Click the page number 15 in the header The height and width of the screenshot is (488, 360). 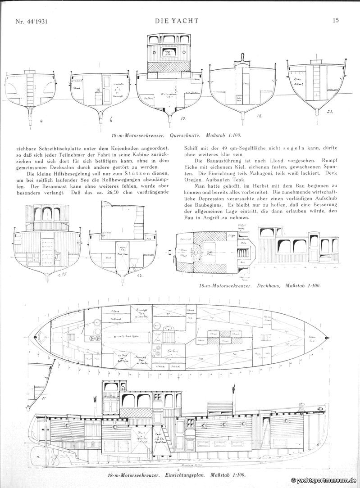pos(336,20)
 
